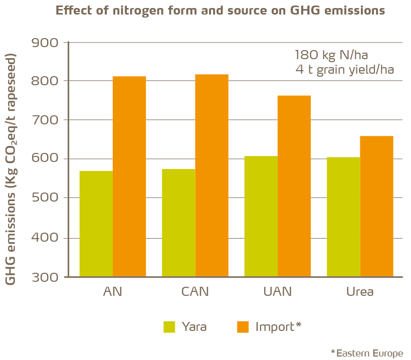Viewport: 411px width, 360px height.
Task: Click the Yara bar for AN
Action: click(96, 224)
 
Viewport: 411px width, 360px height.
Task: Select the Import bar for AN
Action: click(129, 176)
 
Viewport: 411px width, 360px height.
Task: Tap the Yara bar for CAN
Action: click(178, 223)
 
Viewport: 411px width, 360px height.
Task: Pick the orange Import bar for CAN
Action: click(212, 175)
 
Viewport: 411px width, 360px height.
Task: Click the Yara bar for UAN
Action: click(261, 216)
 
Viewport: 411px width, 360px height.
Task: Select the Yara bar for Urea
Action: click(343, 217)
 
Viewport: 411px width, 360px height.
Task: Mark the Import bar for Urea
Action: click(376, 206)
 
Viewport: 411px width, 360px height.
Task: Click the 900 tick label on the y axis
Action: click(45, 42)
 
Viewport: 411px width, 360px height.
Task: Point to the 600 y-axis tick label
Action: click(45, 159)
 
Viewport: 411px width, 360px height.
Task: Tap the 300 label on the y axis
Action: click(45, 277)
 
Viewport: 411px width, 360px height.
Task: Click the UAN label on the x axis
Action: click(277, 292)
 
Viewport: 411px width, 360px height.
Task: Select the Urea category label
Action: click(360, 292)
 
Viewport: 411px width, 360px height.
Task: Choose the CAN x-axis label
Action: click(195, 292)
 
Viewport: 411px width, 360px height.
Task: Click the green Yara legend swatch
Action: click(169, 327)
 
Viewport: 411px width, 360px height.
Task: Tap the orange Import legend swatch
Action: click(243, 327)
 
